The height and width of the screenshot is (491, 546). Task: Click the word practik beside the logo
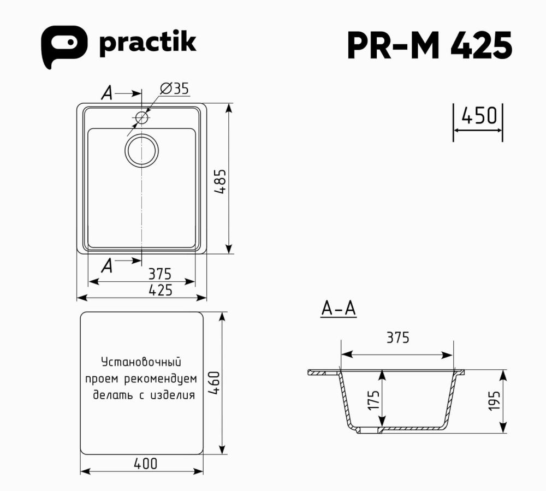[147, 43]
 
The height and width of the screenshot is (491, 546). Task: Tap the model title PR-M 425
[429, 45]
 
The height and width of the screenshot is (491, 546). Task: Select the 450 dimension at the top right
[479, 116]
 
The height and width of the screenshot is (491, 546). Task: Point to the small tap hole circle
[141, 117]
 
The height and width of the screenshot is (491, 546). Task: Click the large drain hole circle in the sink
[141, 150]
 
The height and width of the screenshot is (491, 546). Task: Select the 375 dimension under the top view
[160, 272]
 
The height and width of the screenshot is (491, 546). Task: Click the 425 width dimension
[160, 290]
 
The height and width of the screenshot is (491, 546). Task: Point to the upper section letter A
[107, 94]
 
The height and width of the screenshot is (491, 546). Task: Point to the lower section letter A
[107, 266]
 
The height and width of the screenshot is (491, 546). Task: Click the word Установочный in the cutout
[141, 362]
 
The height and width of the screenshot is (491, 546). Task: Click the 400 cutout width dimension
[145, 464]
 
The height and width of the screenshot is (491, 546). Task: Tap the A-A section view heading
[338, 309]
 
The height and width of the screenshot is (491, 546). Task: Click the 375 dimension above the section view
[397, 338]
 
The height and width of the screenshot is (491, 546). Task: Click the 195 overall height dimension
[495, 401]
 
